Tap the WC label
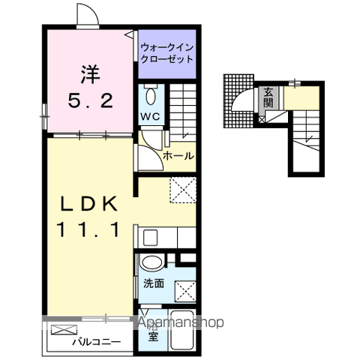148,117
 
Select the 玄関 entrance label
268,97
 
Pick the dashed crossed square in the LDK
181,189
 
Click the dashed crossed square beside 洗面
182,287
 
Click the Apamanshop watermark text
180,323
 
